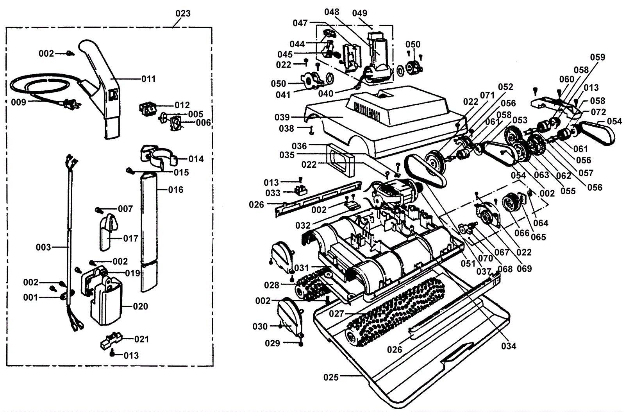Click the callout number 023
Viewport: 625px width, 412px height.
183,13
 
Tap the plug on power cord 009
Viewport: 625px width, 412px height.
71,104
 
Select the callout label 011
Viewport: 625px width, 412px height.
148,79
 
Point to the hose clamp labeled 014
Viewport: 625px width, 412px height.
158,156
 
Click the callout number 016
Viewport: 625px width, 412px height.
175,190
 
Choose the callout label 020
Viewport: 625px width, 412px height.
141,306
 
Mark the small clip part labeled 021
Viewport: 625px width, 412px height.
112,340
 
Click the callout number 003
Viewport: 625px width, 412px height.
43,247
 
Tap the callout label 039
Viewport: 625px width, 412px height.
282,117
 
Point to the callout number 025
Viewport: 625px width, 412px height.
331,377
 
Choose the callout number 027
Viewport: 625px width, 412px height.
336,313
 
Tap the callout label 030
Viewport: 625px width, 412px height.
260,326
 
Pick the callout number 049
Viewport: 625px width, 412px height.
360,13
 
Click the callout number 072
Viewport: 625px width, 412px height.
598,112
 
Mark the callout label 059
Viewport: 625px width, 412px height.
598,57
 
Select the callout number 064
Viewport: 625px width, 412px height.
541,223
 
